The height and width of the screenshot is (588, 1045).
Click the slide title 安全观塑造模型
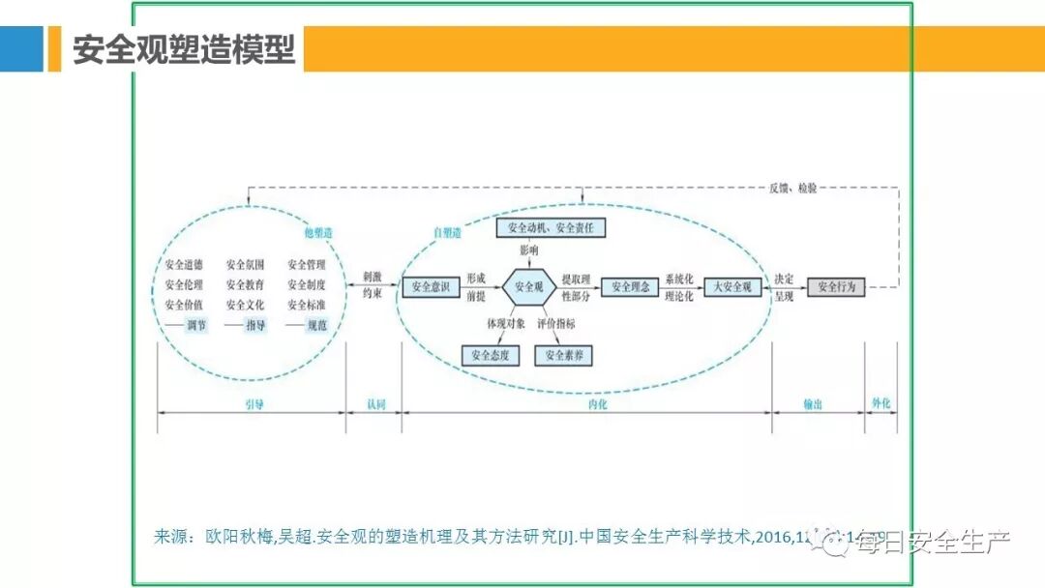184,49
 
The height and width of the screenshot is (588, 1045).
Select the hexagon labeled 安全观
528,286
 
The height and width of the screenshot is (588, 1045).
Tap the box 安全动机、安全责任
551,228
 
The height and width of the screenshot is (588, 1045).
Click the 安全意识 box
431,287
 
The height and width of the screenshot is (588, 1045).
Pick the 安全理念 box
630,286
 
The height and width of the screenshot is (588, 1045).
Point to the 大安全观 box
732,286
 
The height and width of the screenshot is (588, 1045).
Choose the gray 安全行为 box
837,286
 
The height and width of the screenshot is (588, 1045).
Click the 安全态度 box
491,356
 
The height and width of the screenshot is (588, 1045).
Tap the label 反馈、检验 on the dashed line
793,188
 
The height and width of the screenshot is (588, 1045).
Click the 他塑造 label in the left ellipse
318,233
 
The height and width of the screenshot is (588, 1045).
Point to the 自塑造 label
447,233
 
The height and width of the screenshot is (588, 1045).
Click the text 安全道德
184,264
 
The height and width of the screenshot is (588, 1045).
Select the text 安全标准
306,305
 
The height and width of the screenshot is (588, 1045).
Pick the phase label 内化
598,404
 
